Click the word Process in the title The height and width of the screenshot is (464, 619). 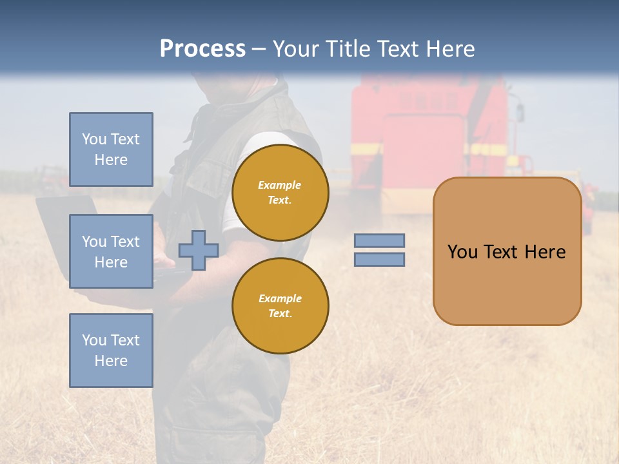pos(202,49)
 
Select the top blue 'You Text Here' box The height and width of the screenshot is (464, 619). pos(111,150)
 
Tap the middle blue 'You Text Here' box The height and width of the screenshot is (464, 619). pos(111,251)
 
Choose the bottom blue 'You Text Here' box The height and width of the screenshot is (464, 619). pos(111,351)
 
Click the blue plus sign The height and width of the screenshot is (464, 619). pos(198,251)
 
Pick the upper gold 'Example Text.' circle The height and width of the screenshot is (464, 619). pos(280,193)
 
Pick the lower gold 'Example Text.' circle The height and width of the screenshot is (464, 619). pos(280,306)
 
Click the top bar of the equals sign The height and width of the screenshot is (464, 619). pos(380,240)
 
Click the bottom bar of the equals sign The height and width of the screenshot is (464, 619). pos(380,260)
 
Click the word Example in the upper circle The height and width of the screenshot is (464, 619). pos(279,185)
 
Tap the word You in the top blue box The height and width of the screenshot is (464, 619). pos(94,139)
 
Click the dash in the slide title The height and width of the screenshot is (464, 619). pos(259,50)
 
